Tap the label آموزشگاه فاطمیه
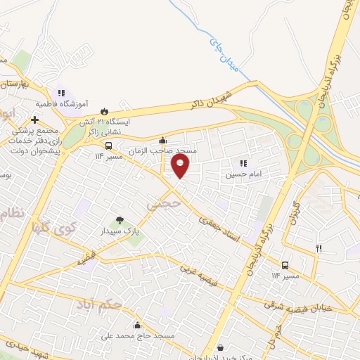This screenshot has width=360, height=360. pos(63,103)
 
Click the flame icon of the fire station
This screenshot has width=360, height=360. pos(105,110)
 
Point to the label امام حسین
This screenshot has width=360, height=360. pos(240,172)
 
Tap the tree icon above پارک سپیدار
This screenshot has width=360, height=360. pos(119,220)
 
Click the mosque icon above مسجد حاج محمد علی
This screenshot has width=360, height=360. pos(136,326)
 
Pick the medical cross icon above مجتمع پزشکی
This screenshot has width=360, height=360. pos(34,120)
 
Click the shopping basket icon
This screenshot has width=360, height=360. pos(221,347)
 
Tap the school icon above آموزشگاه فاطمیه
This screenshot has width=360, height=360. pos(61,92)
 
